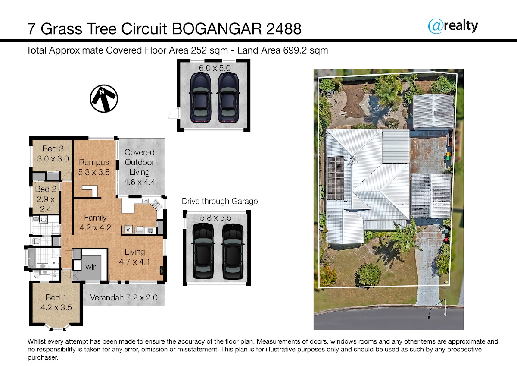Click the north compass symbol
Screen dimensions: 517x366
pos(104,99)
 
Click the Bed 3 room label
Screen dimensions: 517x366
pos(53,154)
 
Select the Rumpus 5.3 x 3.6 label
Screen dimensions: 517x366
pos(94,167)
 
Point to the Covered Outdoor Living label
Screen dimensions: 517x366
pos(140,167)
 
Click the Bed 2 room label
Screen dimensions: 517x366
pos(46,199)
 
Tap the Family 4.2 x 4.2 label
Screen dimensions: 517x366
pos(95,223)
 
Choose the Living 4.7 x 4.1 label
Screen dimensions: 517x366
pos(134,257)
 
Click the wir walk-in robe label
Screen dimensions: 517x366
pos(90,267)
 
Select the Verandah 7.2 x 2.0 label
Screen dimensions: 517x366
pos(124,297)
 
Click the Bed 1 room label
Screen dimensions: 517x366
pos(56,303)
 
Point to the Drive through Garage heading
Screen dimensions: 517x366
pos(220,202)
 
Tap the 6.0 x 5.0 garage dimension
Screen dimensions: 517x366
pos(215,68)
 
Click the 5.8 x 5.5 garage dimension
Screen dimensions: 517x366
pos(215,218)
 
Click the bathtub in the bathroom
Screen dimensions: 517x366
pos(31,257)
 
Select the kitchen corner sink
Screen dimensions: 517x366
pos(156,205)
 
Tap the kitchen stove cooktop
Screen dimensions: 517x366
pos(150,230)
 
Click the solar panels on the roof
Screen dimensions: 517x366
pos(336,178)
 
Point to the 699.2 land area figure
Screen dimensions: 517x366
pos(295,50)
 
